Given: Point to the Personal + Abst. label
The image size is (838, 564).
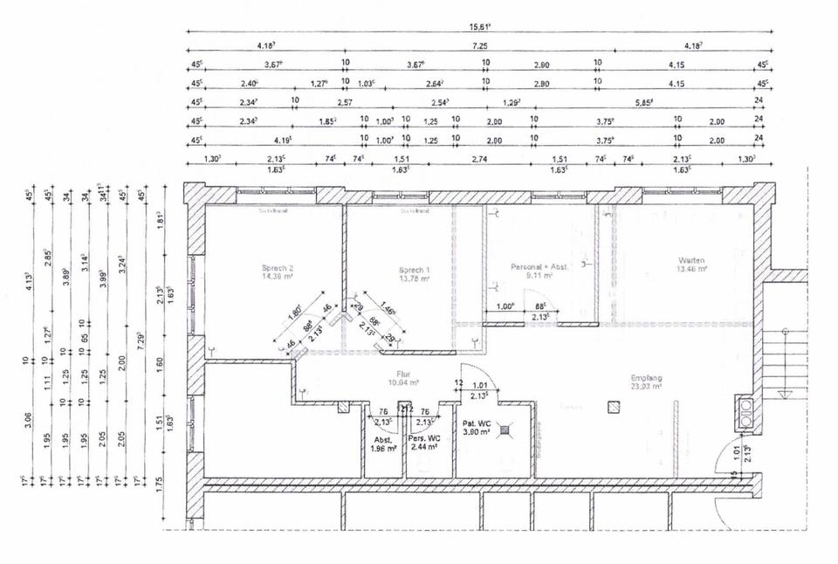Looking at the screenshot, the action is (539, 265).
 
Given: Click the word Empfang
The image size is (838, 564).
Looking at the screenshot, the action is (647, 378).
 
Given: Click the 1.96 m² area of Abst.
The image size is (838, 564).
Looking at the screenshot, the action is (381, 450).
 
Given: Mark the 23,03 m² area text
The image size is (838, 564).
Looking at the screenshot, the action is (647, 386).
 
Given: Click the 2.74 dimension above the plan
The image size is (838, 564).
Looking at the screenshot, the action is (478, 160).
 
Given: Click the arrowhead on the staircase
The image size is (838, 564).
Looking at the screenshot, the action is (786, 330).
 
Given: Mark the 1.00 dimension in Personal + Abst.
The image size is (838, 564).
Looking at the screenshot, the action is (505, 306).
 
